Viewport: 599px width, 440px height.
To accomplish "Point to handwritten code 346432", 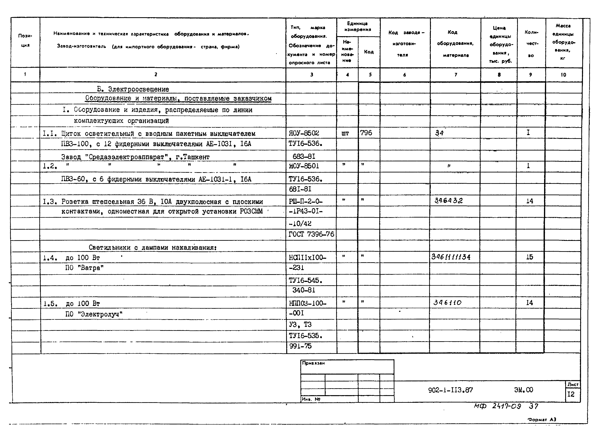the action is [x=449, y=200].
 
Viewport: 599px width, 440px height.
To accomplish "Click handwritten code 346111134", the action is [x=451, y=257].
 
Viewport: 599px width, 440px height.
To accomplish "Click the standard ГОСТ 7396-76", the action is [x=311, y=234].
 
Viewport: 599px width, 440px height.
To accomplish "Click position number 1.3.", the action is [x=50, y=202].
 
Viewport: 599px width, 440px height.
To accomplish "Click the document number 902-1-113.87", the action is [x=450, y=390].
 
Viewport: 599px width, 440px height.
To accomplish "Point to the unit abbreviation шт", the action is [x=345, y=133].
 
